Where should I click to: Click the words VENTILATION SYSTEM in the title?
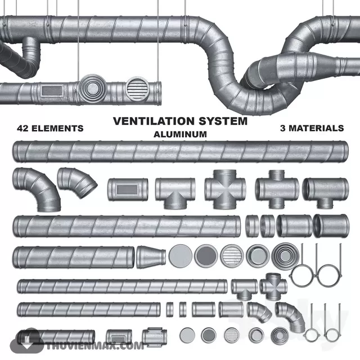click(180, 121)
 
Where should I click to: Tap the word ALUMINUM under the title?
click(180, 134)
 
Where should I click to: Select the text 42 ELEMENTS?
click(50, 128)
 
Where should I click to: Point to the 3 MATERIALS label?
click(312, 128)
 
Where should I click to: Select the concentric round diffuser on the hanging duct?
click(91, 88)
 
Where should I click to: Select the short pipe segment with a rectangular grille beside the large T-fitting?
click(128, 190)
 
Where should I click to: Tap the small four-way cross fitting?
click(273, 285)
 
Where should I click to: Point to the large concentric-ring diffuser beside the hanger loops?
click(284, 256)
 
